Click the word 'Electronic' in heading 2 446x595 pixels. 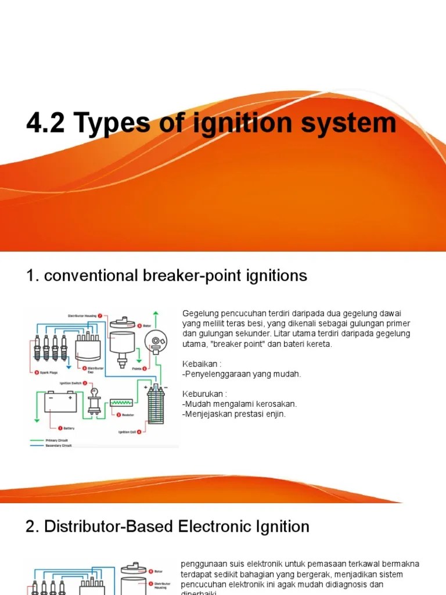(x=203, y=526)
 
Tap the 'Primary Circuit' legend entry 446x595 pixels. (x=56, y=440)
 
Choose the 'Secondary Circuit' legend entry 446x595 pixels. (x=59, y=446)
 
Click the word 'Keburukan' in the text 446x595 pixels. (x=203, y=393)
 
